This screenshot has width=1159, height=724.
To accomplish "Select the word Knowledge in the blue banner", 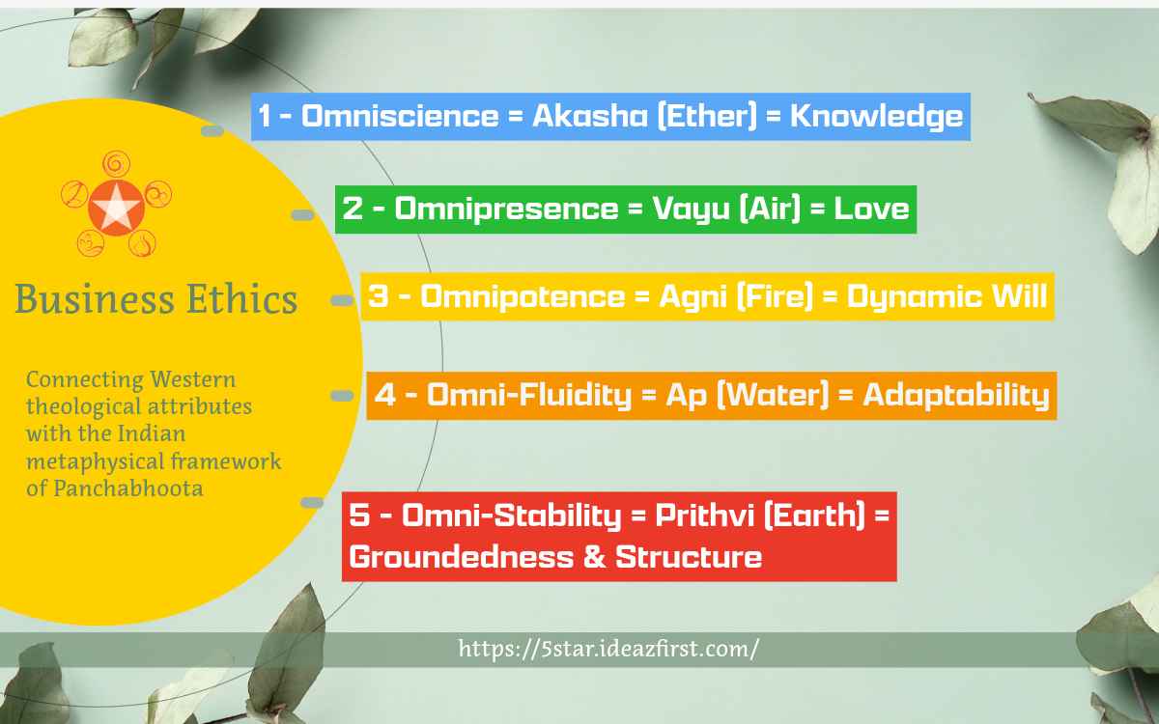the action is [x=877, y=117].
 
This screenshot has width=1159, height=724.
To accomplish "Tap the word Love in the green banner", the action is [x=871, y=209].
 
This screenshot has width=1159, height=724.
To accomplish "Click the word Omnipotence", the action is [x=523, y=296].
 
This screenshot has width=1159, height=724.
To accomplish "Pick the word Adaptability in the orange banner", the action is [x=956, y=396].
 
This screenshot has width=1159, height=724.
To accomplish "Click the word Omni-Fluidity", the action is [x=529, y=396].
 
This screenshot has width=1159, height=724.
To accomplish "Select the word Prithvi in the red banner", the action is [x=705, y=515].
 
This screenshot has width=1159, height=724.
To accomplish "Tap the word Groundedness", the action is [x=462, y=557].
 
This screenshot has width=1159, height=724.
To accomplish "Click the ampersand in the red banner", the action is [x=594, y=557].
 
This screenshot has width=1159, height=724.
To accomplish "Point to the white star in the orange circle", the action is [x=116, y=208].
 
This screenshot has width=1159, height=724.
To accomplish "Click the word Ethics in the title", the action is [x=241, y=298].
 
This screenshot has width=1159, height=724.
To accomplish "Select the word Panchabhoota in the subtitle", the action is [x=127, y=488].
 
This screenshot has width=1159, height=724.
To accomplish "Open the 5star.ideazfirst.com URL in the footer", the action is [x=608, y=649].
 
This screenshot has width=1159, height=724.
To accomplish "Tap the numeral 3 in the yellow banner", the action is [x=379, y=296].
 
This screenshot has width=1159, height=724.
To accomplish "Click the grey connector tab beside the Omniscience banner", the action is [x=212, y=131].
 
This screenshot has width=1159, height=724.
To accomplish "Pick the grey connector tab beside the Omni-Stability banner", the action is [x=312, y=503].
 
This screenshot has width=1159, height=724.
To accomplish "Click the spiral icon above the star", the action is [x=117, y=164].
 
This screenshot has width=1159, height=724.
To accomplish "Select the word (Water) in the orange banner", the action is [x=773, y=396].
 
